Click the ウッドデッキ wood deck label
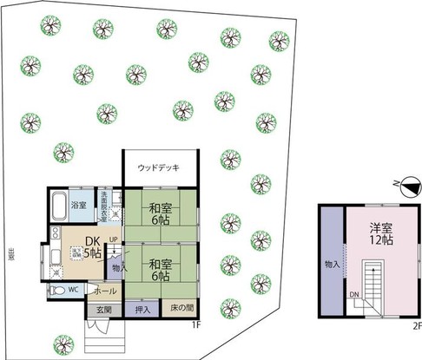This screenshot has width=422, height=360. coord(158,167)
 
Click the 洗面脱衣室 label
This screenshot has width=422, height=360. coord(103,206)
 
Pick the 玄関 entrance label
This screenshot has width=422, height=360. coord(103,309)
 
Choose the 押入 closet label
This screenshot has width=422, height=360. coord(142,309)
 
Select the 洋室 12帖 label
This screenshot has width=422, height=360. coord(380,234)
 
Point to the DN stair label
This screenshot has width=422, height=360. coord(354,294)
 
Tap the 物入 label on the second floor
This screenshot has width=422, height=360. coord(333,263)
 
